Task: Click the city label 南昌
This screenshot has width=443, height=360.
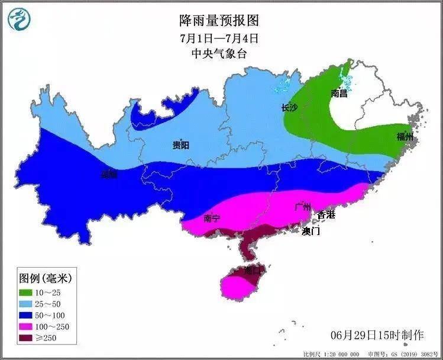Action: point(339,94)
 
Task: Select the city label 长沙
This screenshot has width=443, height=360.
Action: point(289,108)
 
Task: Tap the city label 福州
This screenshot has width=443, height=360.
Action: point(405,138)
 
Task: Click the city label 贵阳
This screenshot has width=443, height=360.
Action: point(180,146)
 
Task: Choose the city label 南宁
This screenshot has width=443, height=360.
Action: point(212,218)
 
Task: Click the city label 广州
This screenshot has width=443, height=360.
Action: point(303,207)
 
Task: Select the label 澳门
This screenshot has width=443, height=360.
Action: point(311,231)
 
